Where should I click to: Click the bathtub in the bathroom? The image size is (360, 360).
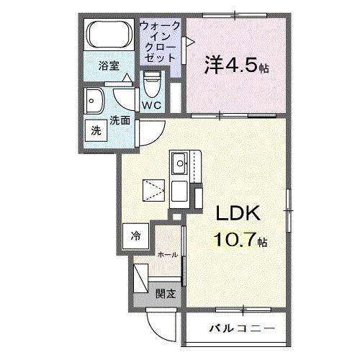(109, 34)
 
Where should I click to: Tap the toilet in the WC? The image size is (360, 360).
(152, 84)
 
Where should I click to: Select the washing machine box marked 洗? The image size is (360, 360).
(96, 130)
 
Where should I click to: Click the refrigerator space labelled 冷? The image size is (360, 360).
(135, 236)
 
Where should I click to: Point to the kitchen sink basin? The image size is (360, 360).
(179, 163)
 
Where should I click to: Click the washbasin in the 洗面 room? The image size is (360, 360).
(94, 101)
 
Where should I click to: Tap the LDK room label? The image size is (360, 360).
(238, 213)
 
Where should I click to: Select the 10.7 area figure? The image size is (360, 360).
(234, 240)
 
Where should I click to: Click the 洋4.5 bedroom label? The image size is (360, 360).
(236, 66)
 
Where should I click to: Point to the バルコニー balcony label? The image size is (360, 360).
(242, 328)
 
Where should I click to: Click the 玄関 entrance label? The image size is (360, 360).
(166, 294)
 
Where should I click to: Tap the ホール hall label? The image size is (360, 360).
(168, 255)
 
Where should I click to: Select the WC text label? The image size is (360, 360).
(151, 105)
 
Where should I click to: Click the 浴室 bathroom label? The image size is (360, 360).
(109, 66)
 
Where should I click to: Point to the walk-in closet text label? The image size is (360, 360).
(160, 42)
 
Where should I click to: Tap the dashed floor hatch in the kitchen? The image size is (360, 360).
(153, 190)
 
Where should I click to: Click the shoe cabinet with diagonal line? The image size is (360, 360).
(140, 278)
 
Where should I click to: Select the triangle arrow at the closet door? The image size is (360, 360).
(191, 42)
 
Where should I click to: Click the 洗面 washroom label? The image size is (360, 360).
(120, 120)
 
